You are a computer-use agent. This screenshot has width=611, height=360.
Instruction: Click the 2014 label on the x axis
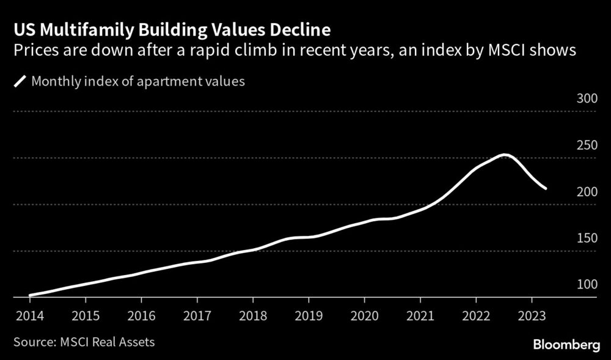[x=29, y=317]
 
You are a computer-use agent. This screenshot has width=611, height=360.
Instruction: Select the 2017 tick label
[x=197, y=317]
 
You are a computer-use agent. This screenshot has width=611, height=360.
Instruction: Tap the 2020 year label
[x=364, y=317]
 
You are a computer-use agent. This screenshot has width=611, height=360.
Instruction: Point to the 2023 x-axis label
[x=532, y=317]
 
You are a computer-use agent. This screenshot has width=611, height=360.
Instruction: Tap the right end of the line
[x=545, y=188]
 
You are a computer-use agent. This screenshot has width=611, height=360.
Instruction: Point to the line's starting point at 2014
[x=30, y=295]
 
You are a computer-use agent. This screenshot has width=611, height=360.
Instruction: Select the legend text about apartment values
[x=137, y=81]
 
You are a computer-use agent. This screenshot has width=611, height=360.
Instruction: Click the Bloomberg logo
[x=566, y=346]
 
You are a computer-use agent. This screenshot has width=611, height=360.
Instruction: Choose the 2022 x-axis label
[x=476, y=317]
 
